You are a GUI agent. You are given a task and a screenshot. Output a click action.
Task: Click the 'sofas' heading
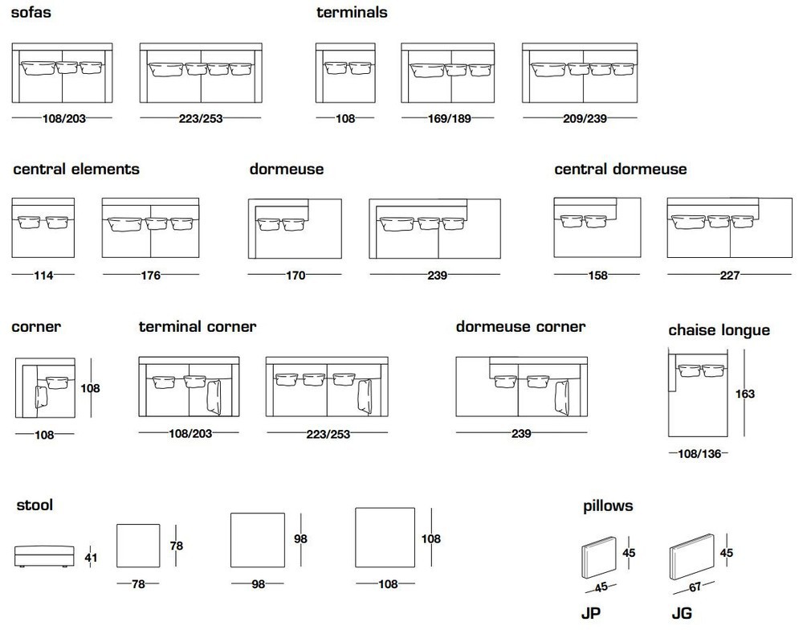coord(31,12)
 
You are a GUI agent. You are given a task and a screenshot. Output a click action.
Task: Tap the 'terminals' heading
coord(352,12)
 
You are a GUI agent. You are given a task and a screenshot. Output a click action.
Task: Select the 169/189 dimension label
coord(449,118)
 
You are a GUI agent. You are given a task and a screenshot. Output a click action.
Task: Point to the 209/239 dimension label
coord(585,118)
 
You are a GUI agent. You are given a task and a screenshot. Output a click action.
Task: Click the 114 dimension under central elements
coord(43,276)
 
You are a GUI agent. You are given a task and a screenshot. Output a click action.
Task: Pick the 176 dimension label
coord(151,276)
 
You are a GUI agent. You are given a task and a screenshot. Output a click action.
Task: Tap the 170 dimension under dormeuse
coord(296,276)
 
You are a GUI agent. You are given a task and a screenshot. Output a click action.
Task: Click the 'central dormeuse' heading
coord(620,170)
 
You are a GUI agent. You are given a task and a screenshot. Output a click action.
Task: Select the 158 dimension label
coord(597,276)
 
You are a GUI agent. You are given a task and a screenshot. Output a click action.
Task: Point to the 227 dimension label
coord(730,276)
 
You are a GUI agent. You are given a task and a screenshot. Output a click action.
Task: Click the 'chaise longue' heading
coord(719,330)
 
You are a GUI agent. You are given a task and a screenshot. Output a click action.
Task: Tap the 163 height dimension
coord(745,394)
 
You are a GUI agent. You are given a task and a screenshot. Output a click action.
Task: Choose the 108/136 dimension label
coord(699,454)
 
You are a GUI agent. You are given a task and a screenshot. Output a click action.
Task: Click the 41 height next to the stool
coord(92,557)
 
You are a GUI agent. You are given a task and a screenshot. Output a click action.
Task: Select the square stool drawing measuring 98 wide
coord(258,540)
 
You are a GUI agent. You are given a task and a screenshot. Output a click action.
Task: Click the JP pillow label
coord(590,613)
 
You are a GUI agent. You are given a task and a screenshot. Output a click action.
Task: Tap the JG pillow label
coord(682,613)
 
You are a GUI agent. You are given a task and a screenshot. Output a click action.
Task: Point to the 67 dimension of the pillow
coord(695,587)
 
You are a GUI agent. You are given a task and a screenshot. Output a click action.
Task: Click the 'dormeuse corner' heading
coord(520,326)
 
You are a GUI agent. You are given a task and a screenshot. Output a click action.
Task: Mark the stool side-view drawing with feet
coord(44,557)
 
